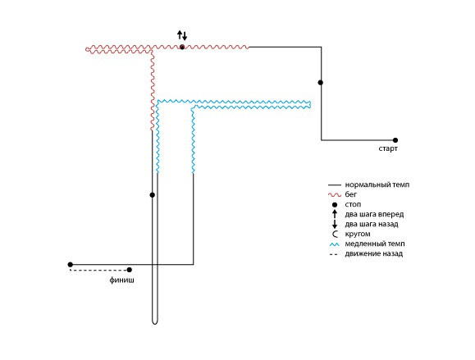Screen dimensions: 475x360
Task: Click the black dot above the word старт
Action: click(395, 140)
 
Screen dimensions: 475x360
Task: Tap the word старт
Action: click(388, 148)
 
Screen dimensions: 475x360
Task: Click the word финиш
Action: click(121, 280)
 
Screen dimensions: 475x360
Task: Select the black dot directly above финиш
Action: click(130, 270)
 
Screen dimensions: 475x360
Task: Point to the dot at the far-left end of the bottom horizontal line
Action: click(71, 265)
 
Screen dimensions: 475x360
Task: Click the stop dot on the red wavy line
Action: click(182, 47)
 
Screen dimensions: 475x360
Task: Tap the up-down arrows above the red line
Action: click(182, 35)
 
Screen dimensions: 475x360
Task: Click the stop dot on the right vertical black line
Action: click(321, 82)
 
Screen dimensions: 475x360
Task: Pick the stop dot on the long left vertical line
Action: click(153, 195)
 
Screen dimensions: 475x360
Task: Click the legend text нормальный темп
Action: click(377, 185)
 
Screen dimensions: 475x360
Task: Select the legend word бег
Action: click(351, 194)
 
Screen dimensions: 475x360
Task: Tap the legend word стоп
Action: click(353, 204)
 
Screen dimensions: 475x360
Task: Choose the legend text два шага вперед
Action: click(374, 214)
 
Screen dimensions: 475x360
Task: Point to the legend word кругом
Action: click(358, 234)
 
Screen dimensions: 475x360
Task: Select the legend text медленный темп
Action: click(375, 244)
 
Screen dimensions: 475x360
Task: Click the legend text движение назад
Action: click(374, 253)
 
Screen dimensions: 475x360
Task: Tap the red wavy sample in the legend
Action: click(335, 194)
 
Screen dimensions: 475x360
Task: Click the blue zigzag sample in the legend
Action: click(335, 244)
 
